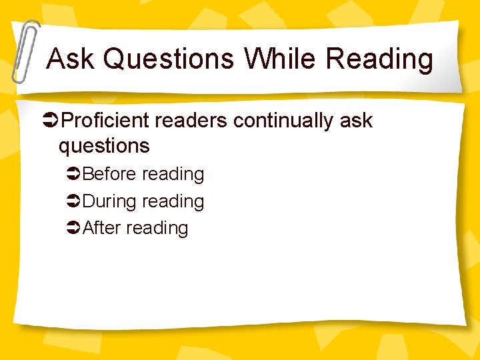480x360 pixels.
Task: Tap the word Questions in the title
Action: (169, 59)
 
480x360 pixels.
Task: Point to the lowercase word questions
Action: (104, 145)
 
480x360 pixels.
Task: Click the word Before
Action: (110, 174)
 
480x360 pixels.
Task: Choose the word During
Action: (109, 201)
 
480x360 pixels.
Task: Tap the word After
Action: (101, 228)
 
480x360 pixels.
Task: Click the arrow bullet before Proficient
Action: (51, 121)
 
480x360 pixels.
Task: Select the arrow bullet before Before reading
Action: (74, 175)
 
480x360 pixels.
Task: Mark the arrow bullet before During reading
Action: (74, 202)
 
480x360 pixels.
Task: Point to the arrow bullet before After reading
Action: (74, 229)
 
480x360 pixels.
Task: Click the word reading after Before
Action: (173, 174)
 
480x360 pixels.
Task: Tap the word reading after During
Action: (173, 201)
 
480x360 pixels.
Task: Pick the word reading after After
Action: (157, 228)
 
